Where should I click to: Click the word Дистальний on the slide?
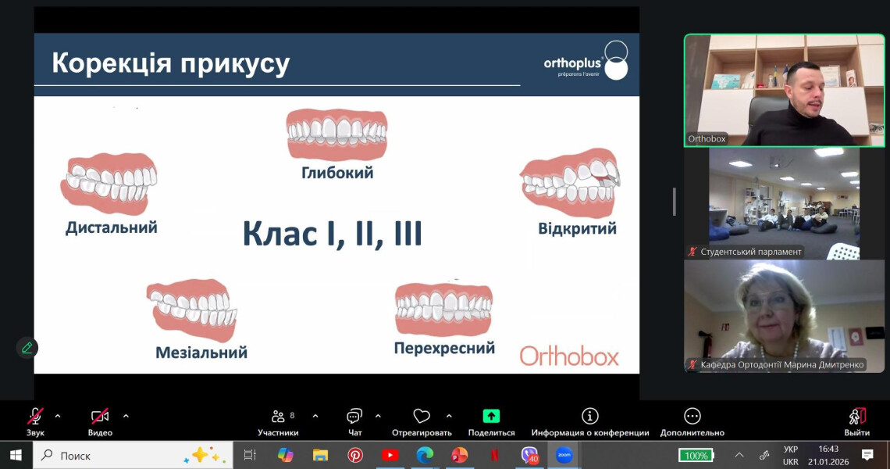point(112,227)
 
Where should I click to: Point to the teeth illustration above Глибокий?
point(336,134)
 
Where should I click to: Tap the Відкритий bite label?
point(577,229)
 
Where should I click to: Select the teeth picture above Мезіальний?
point(192,309)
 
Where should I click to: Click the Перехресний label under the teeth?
point(444,349)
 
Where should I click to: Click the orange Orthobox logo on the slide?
point(569,356)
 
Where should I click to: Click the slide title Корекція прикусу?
point(170,63)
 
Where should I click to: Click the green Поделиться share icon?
point(491,416)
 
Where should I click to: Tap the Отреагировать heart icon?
point(422,416)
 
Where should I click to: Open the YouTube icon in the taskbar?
point(390,455)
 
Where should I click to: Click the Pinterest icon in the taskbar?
point(355,455)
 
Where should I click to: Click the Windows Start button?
point(16,455)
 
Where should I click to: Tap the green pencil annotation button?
point(27,348)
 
